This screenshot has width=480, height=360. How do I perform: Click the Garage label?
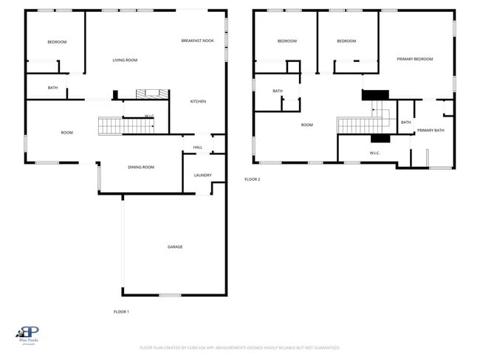pyautogui.click(x=174, y=247)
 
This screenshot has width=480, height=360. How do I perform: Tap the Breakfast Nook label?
pyautogui.click(x=197, y=41)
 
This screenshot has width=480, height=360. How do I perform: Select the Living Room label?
pyautogui.click(x=125, y=60)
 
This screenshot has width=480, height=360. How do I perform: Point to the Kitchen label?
pyautogui.click(x=198, y=101)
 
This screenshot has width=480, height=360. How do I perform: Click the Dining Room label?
pyautogui.click(x=141, y=167)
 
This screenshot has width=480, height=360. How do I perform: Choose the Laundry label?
pyautogui.click(x=202, y=176)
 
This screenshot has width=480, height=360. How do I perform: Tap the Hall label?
pyautogui.click(x=197, y=148)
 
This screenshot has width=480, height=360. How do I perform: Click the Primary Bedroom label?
pyautogui.click(x=414, y=59)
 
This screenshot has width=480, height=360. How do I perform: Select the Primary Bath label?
pyautogui.click(x=431, y=131)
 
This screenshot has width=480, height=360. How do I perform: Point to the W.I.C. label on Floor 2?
pyautogui.click(x=374, y=153)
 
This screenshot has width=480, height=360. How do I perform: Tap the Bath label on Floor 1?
pyautogui.click(x=52, y=88)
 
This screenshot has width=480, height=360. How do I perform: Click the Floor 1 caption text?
pyautogui.click(x=121, y=311)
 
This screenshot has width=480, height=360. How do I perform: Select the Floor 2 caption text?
pyautogui.click(x=253, y=179)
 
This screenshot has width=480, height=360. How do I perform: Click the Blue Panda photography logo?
pyautogui.click(x=28, y=336)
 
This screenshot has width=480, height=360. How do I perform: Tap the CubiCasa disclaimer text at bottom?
pyautogui.click(x=239, y=347)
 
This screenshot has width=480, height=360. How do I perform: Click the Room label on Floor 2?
pyautogui.click(x=307, y=125)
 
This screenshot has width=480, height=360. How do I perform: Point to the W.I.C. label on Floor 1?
pyautogui.click(x=148, y=116)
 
